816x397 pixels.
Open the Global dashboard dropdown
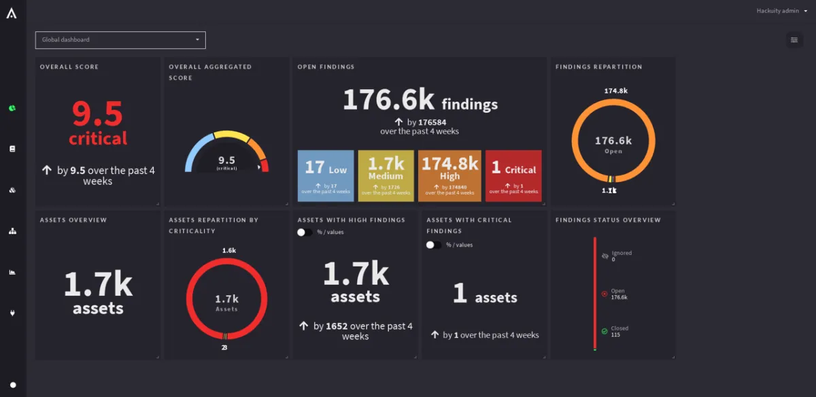click(120, 40)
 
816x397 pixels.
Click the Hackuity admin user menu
click(781, 11)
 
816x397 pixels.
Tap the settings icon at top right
click(794, 40)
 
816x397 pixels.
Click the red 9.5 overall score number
click(97, 114)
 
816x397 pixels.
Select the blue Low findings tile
click(326, 175)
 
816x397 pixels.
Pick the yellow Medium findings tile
click(386, 175)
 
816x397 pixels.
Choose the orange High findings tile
click(449, 175)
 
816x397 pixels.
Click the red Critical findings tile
click(513, 175)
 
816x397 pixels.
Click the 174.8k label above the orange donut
click(615, 90)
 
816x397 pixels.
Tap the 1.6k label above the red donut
click(229, 250)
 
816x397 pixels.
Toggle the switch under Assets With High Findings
click(305, 232)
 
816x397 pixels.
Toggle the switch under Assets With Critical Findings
click(434, 245)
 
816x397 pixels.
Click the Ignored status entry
click(621, 256)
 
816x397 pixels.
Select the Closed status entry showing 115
click(619, 331)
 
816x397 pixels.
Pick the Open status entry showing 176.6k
click(618, 294)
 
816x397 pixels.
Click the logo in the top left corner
click(12, 13)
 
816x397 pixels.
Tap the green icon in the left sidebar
click(12, 108)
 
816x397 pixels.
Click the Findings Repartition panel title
click(598, 67)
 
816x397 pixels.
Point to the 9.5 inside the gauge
click(226, 160)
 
